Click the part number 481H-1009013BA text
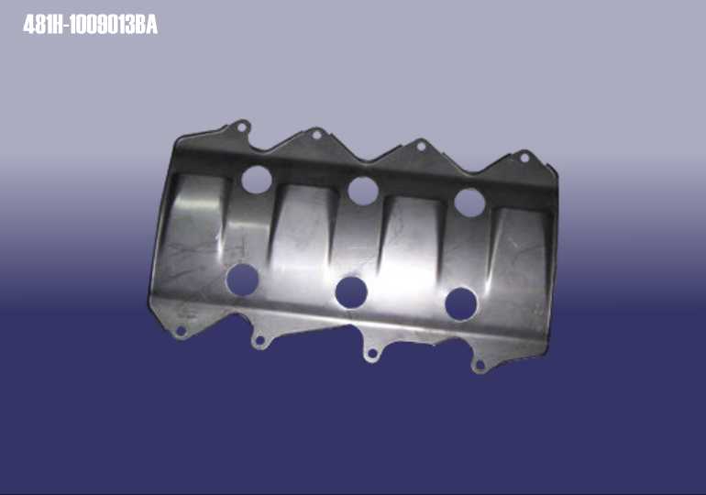tap(90, 25)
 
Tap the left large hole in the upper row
tap(256, 180)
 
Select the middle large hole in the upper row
tap(363, 191)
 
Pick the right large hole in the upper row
tap(469, 203)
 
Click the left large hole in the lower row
tap(242, 280)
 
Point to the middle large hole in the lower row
tap(351, 292)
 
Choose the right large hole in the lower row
tap(461, 304)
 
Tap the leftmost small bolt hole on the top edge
tap(242, 127)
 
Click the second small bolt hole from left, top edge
tap(316, 135)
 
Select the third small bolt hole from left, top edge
tap(421, 146)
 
